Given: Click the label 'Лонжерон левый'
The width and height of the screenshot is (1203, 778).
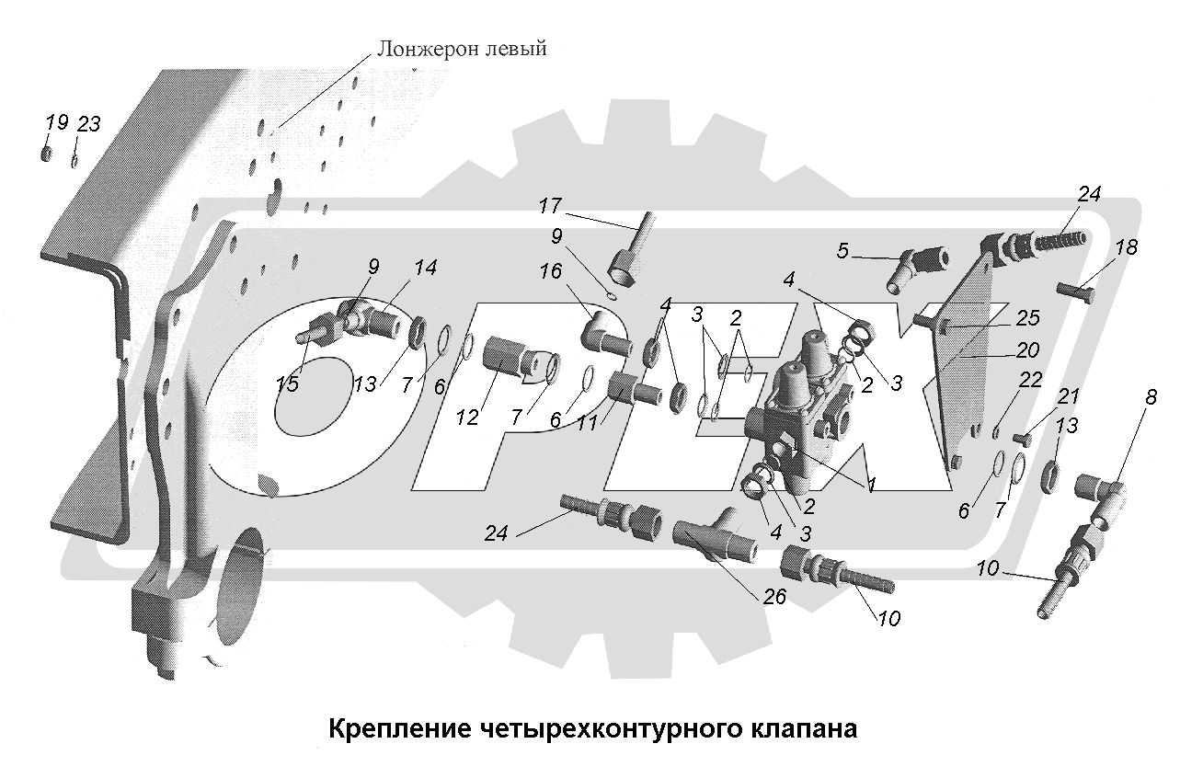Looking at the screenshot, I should [460, 49].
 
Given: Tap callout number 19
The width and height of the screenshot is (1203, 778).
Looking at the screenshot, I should [57, 122].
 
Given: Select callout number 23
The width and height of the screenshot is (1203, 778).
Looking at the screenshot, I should [88, 124].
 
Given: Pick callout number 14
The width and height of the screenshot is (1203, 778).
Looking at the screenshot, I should [425, 269].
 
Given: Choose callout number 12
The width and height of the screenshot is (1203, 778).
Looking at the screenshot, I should [467, 417].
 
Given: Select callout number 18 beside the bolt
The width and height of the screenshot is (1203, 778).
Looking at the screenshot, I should [1127, 247].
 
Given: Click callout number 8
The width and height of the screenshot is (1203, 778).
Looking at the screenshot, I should [1151, 397].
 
